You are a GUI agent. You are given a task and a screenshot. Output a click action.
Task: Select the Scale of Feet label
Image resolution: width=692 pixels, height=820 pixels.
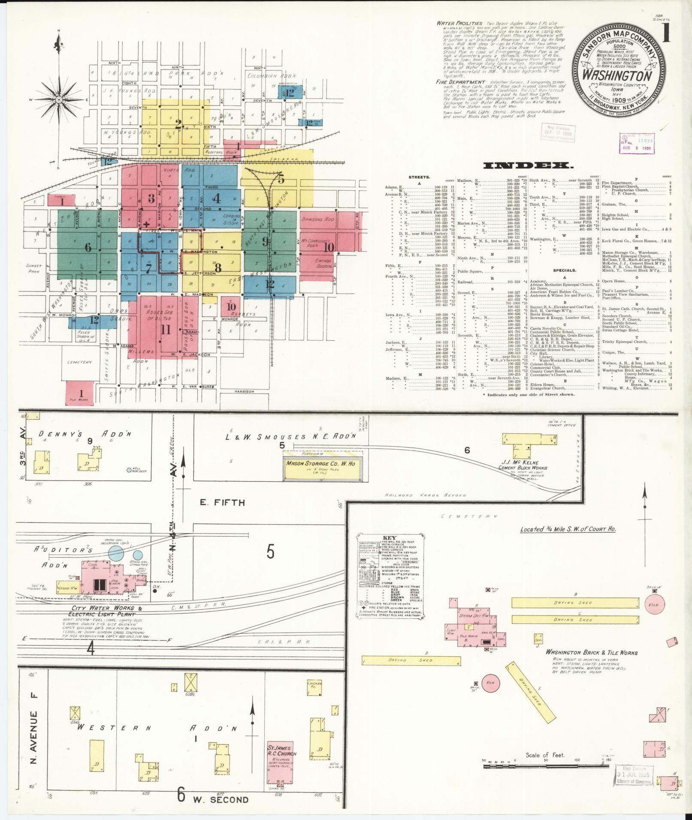pos(545,755)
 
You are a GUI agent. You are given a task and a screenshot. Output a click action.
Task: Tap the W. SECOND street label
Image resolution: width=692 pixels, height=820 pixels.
pos(220,799)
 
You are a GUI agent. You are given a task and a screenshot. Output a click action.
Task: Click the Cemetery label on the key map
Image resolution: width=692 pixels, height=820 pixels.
pos(80,362)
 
